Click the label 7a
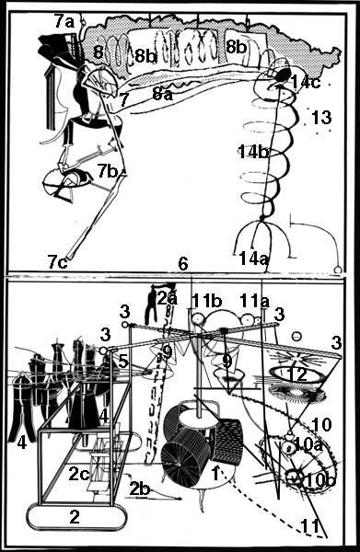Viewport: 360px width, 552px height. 64,22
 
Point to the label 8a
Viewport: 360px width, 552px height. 162,94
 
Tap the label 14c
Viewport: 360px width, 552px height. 306,83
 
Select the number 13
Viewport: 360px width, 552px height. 321,117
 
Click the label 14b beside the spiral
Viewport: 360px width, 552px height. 253,152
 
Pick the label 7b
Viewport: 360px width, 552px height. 108,171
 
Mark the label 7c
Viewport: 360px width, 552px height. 58,262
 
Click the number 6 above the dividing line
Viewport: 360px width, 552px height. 183,264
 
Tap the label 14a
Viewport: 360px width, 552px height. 254,259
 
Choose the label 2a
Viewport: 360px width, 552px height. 168,298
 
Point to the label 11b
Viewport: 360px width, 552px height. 207,301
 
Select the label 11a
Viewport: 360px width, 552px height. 255,301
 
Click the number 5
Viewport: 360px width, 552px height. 122,362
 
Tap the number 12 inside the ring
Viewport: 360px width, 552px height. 298,375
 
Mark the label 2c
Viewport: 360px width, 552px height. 79,474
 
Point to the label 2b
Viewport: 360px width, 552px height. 140,489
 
